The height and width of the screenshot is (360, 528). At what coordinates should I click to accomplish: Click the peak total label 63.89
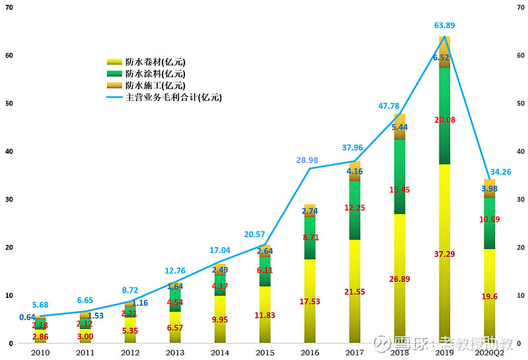[x=444, y=26]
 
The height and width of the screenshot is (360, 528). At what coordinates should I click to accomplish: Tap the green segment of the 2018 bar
[x=399, y=165]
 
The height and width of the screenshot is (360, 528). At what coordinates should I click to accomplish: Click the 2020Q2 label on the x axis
[x=489, y=353]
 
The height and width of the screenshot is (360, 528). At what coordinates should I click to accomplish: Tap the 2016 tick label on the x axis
[x=310, y=353]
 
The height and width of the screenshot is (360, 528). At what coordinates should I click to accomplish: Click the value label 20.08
[x=444, y=120]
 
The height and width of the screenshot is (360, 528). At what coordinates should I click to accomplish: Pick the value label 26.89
[x=399, y=279]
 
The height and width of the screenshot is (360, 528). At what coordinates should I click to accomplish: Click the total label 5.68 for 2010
[x=41, y=305]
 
